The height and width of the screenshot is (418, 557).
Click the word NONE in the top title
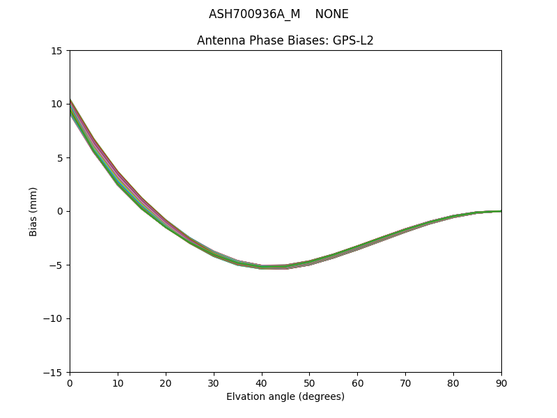(331, 14)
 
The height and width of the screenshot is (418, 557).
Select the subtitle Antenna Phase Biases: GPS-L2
(285, 40)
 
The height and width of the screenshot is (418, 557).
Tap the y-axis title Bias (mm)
(33, 211)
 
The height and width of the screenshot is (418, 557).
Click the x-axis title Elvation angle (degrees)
(285, 396)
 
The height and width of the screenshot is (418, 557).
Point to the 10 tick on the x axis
(118, 382)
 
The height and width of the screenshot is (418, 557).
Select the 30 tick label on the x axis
(214, 382)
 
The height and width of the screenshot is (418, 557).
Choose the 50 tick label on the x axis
(309, 382)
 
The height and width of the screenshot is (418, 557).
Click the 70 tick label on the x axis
(405, 382)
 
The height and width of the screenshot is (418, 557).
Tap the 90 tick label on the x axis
(501, 382)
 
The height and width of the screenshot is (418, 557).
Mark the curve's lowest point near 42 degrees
(272, 267)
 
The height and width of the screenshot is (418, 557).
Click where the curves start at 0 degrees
(70, 108)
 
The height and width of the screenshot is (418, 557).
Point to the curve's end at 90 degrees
(501, 211)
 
